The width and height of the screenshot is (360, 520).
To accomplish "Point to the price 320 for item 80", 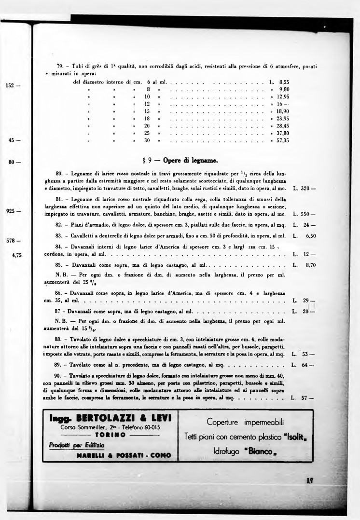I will pos(306,188).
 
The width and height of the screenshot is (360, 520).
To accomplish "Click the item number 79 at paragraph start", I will pos(61,66).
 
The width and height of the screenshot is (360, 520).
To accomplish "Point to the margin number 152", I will pos(12,85).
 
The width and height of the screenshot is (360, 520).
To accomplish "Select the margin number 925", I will pos(12,211).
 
